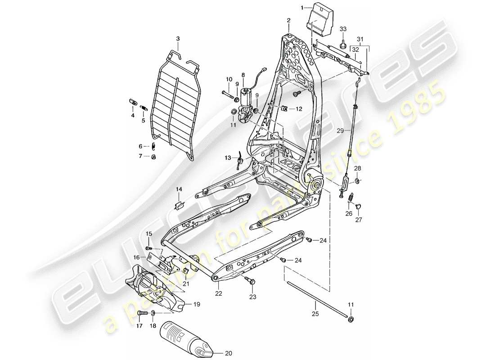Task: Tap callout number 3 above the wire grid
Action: (178, 39)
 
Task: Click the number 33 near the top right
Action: (343, 29)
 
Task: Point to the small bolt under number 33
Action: (343, 44)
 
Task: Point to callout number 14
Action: (179, 190)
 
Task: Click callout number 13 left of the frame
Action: (228, 158)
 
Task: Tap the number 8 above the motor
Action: (243, 75)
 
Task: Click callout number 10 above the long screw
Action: (229, 80)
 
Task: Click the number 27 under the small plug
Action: (359, 220)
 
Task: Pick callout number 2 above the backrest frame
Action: (288, 20)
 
